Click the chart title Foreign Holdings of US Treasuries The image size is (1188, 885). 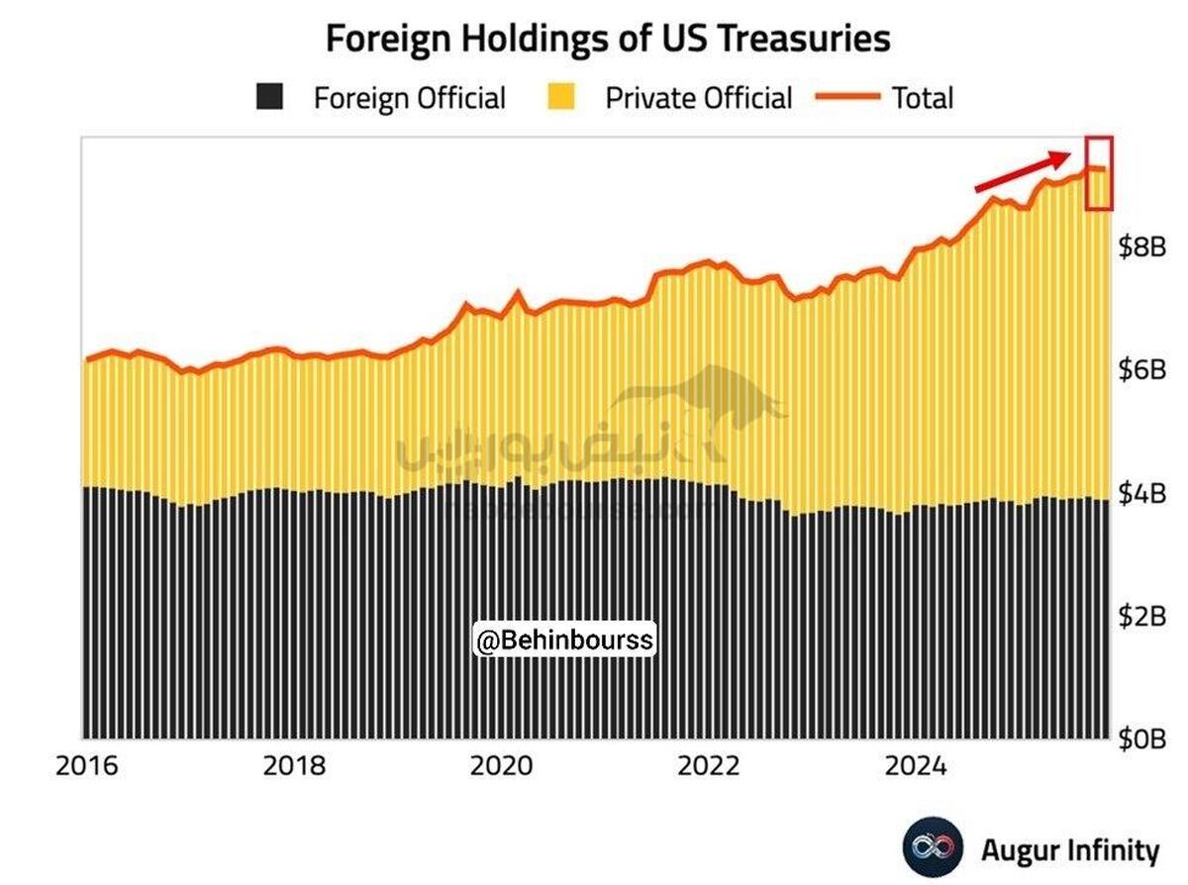click(608, 39)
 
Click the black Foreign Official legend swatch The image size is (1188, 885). click(269, 97)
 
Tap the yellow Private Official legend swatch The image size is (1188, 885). click(560, 97)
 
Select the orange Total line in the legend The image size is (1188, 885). click(847, 97)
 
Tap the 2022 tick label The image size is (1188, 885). click(709, 767)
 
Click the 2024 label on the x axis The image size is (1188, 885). click(916, 767)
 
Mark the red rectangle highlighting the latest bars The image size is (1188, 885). click(1099, 173)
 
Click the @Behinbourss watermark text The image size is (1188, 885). click(564, 640)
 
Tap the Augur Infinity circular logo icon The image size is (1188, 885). click(932, 848)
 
